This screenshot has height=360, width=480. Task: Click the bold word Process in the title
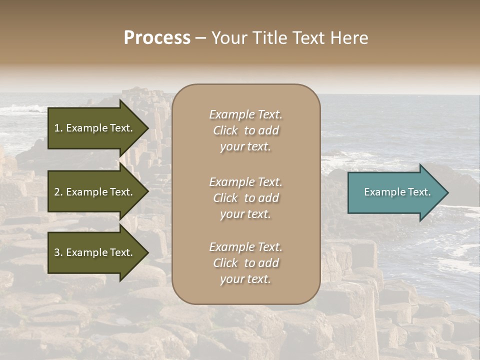click(157, 38)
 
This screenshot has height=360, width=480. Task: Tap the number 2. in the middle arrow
click(58, 192)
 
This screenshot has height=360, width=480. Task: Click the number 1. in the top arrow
click(58, 128)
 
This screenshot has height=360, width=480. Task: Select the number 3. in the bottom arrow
click(58, 252)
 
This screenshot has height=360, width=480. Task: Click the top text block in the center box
click(245, 130)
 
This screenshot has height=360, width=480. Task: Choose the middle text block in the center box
click(245, 198)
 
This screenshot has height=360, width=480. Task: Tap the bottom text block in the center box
click(245, 263)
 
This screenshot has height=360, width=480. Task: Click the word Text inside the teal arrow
click(419, 192)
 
